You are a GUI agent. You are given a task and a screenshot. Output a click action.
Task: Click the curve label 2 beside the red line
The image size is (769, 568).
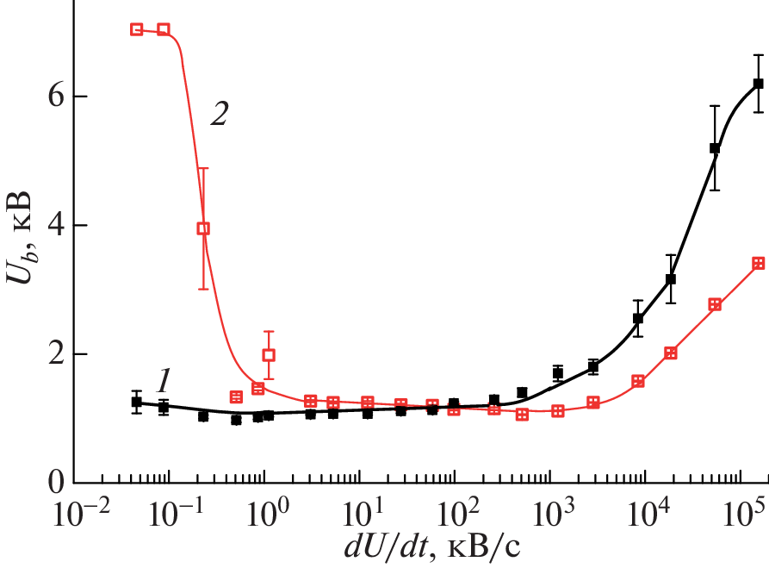tap(220, 115)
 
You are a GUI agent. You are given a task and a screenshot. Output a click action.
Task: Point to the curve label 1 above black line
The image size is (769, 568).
tap(166, 378)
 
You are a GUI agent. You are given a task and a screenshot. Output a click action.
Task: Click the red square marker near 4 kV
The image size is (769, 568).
tap(203, 228)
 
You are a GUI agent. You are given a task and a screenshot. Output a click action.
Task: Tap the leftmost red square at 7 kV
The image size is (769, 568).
tap(136, 29)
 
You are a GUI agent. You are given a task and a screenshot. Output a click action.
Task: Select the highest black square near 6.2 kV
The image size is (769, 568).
tap(758, 84)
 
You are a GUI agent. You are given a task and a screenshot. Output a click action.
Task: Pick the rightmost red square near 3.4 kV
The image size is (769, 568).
tap(758, 263)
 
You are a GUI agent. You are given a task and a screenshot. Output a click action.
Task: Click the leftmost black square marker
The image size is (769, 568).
tap(136, 402)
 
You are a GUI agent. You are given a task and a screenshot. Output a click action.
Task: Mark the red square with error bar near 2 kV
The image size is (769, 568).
tap(269, 354)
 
